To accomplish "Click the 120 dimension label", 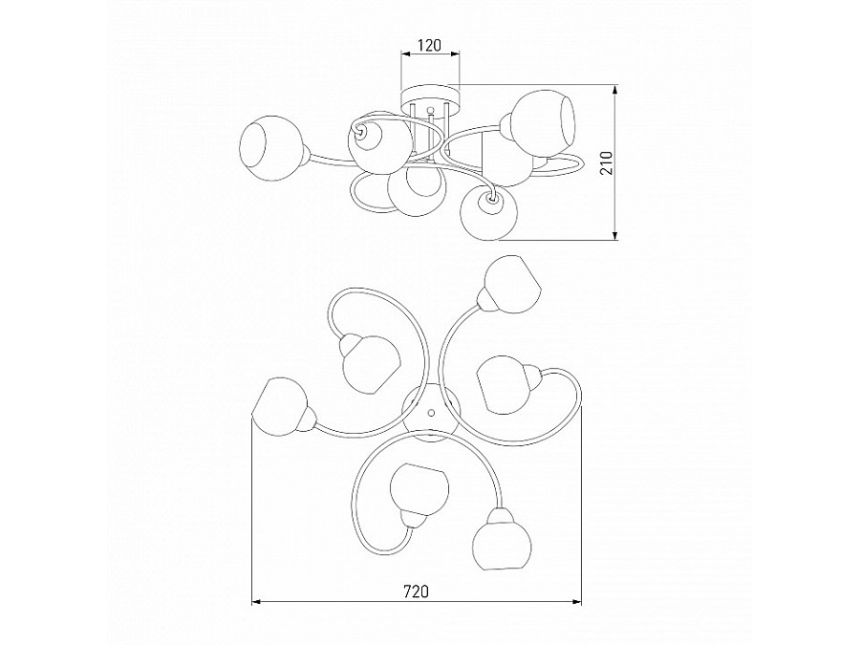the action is tap(429, 45).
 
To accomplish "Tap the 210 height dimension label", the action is tap(606, 162).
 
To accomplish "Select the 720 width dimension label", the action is tap(416, 591).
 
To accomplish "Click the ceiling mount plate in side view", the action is tap(430, 94).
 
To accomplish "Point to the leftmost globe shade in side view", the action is tap(271, 148).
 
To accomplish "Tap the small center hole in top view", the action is tap(431, 411).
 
